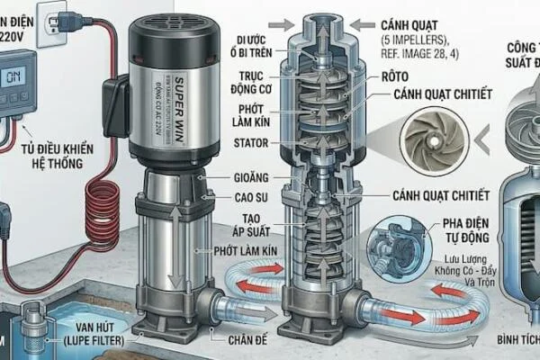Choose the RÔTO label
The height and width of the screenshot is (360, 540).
point(401,77)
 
